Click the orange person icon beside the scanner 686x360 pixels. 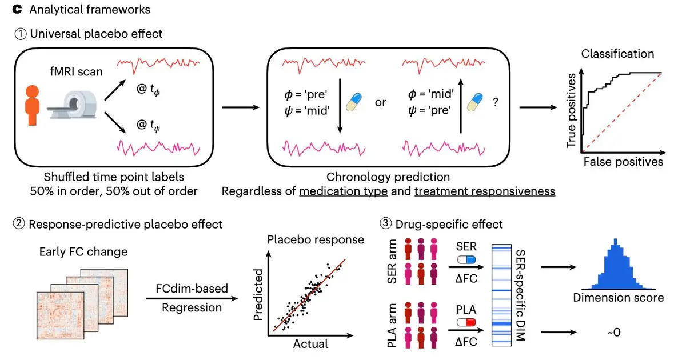[x=32, y=105]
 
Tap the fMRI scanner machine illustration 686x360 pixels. [x=72, y=105]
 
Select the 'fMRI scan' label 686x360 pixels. [x=76, y=71]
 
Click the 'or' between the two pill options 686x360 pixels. [x=380, y=102]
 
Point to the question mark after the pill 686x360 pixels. [x=496, y=102]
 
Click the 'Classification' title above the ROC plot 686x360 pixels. [x=617, y=54]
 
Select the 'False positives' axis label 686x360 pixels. [x=623, y=162]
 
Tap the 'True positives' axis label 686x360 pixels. [x=571, y=110]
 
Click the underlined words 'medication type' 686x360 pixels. [x=344, y=191]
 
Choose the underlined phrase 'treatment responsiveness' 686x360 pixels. [x=485, y=191]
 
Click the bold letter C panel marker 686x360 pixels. [x=17, y=10]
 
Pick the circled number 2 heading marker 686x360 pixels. [x=19, y=224]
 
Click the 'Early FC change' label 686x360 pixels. [x=83, y=252]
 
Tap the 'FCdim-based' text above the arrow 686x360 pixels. [x=192, y=289]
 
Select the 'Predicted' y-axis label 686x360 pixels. [x=258, y=294]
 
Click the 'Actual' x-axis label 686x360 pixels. [x=310, y=344]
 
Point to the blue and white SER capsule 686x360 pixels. [x=466, y=259]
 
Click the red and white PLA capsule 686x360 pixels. [x=466, y=322]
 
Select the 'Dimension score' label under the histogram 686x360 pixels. [x=619, y=298]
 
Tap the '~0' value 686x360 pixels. [x=615, y=332]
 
